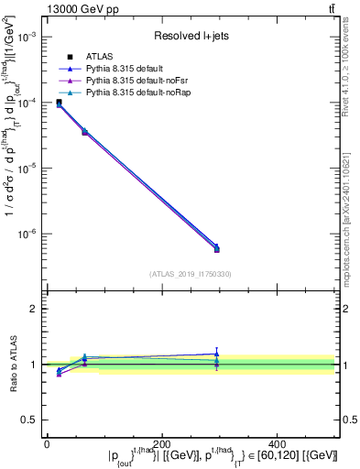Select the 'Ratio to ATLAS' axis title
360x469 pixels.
13,364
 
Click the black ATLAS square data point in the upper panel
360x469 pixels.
60,102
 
